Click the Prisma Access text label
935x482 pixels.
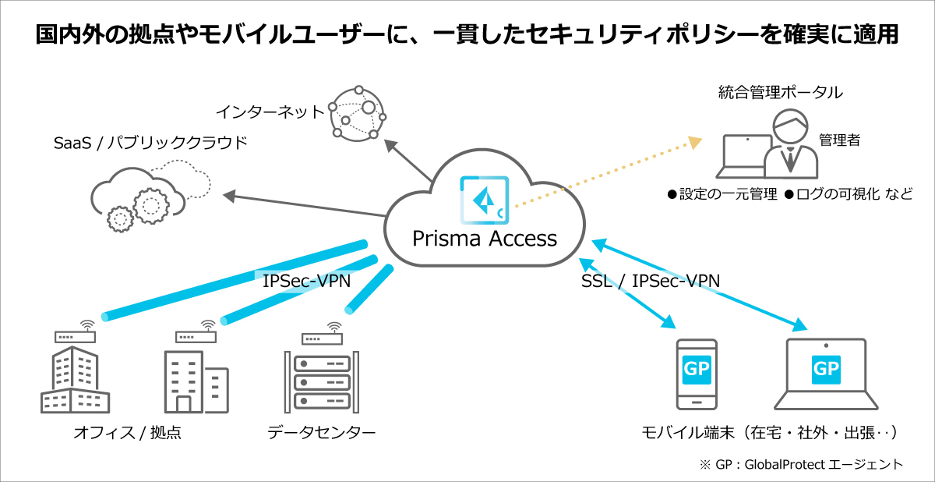tap(484, 238)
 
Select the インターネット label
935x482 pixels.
tap(270, 112)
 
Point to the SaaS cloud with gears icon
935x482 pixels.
tap(140, 195)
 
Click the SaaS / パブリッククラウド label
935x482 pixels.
tap(150, 143)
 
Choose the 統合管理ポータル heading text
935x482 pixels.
tap(780, 93)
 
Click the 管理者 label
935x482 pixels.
tap(839, 140)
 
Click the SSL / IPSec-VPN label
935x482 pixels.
tap(650, 280)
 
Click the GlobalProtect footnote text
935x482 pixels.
tap(803, 464)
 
